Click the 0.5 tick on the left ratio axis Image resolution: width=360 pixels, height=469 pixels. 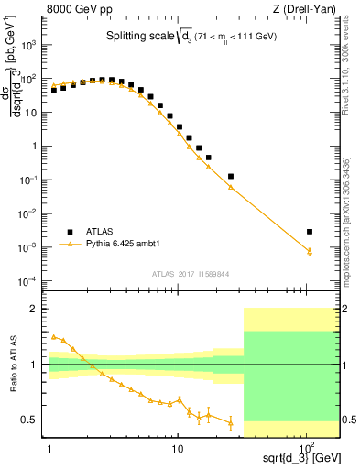pyautogui.click(x=34, y=420)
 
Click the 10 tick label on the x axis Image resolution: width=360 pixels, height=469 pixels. pyautogui.click(x=177, y=448)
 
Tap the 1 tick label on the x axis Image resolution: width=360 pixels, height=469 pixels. pyautogui.click(x=49, y=448)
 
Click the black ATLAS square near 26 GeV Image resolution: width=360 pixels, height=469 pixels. pyautogui.click(x=231, y=176)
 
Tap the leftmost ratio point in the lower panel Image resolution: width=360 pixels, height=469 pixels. pyautogui.click(x=53, y=336)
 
